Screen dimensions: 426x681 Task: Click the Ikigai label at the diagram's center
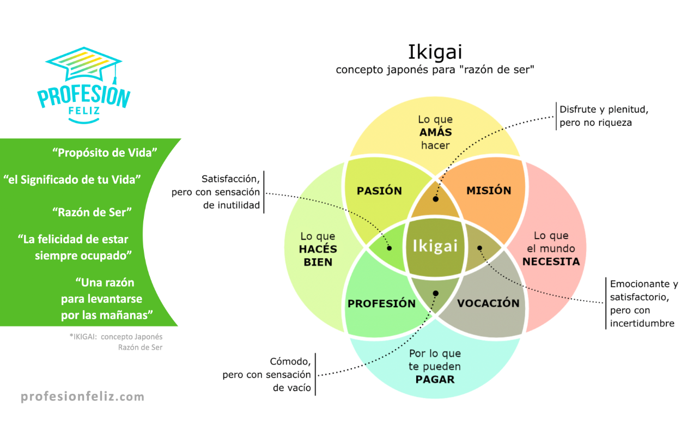pos(434,246)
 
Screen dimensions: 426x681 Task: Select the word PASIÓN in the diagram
pos(379,191)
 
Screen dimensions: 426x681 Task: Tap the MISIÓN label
pos(489,190)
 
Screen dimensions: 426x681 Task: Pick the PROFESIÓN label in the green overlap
pos(381,303)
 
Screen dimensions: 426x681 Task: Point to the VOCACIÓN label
pos(488,303)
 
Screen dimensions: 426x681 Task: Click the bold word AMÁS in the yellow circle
pos(435,132)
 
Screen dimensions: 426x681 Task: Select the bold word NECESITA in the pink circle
pos(551,261)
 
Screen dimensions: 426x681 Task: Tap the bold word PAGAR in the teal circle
pos(435,379)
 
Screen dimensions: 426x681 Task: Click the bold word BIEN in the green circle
pos(318,262)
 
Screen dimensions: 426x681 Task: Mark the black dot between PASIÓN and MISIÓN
pos(435,199)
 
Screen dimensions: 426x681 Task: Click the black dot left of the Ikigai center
pos(390,248)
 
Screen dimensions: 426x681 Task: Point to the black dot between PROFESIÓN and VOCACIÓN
pos(435,293)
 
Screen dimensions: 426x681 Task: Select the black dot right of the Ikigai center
pos(480,248)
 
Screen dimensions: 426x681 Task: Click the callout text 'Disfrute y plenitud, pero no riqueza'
pos(603,116)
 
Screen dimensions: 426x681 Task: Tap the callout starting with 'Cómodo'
pos(267,375)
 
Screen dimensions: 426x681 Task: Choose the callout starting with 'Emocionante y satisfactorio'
pos(643,303)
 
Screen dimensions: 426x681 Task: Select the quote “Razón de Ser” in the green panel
pos(92,212)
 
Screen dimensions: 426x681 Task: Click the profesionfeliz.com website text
pos(83,397)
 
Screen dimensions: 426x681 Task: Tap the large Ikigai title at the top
pos(435,52)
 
